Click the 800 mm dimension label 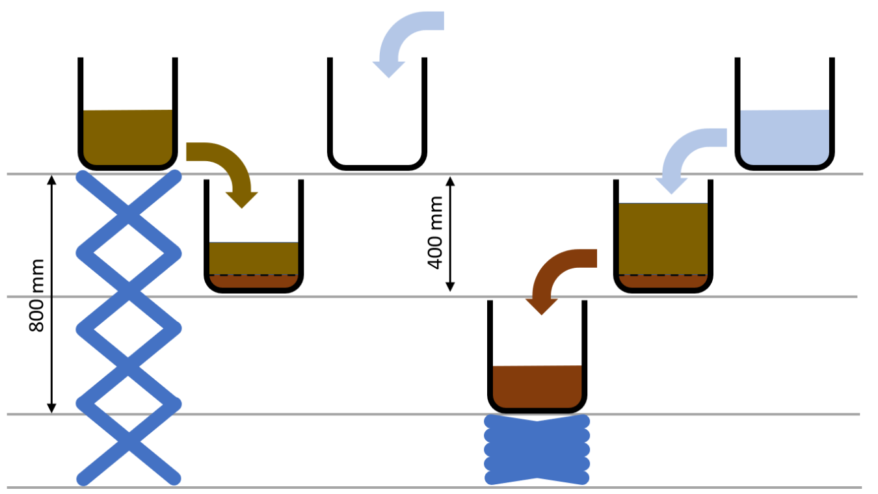[x=37, y=296]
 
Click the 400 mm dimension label [x=436, y=233]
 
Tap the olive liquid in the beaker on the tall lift [x=127, y=136]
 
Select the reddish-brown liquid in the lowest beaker [x=537, y=387]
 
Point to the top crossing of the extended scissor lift [x=128, y=212]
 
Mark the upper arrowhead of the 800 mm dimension [x=53, y=180]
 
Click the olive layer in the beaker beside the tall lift [x=254, y=258]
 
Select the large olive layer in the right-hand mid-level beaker [x=663, y=238]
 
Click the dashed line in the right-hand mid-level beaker [x=663, y=275]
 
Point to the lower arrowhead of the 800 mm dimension [x=53, y=408]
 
